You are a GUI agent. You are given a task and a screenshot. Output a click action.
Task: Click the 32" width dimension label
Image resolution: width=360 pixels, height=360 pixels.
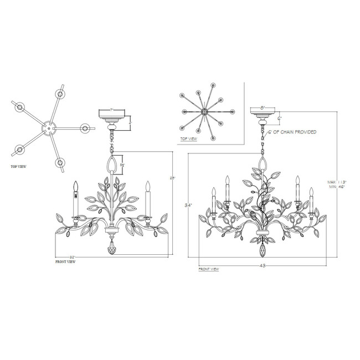(x=72, y=257)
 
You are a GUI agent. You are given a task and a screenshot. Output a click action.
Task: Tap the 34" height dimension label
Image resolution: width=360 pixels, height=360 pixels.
(x=189, y=205)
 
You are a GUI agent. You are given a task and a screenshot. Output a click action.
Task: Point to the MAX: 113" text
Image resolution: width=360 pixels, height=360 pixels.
(x=337, y=182)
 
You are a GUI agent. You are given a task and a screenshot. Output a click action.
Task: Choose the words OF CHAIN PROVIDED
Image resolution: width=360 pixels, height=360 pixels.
(x=293, y=132)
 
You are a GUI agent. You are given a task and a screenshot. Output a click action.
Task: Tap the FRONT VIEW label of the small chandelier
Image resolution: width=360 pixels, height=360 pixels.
(x=65, y=261)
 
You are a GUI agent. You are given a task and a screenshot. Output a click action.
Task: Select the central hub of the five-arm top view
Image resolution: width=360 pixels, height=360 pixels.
(x=49, y=129)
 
